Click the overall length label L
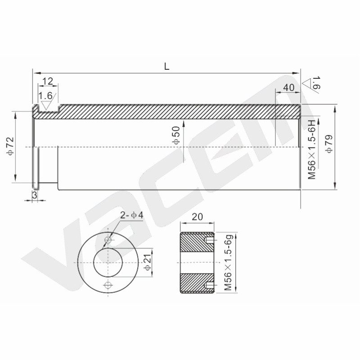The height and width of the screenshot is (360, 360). point(166,67)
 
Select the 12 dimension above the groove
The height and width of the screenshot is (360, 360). point(48,81)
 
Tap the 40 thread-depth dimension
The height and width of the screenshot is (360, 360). point(288,87)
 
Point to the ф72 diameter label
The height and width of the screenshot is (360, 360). point(11,146)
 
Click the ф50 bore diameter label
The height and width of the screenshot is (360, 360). point(176,135)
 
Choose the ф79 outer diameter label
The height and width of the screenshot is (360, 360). point(329,144)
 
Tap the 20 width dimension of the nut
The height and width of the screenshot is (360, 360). point(197,217)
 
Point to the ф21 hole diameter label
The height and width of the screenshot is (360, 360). point(148,262)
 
